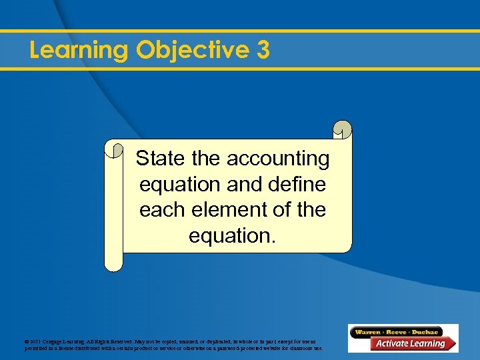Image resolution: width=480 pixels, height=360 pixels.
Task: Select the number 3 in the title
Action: tap(263, 51)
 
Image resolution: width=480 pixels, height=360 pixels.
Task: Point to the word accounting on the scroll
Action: tap(278, 159)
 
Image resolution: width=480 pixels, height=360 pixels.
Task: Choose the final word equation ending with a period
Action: tap(231, 235)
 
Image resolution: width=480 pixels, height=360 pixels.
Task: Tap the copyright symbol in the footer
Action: tap(26, 341)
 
